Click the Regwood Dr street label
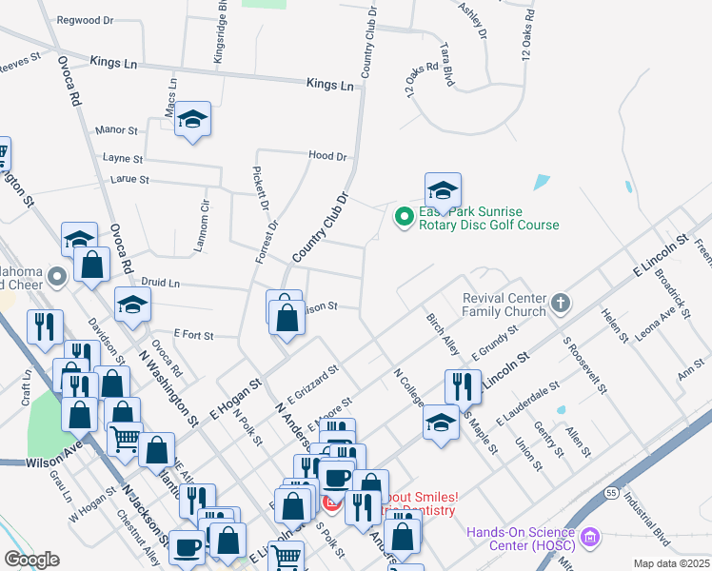click(x=85, y=19)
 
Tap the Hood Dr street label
click(x=326, y=155)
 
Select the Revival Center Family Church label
click(x=504, y=304)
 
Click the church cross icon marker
click(x=561, y=304)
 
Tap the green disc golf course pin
click(x=404, y=218)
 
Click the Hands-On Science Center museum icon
click(x=589, y=540)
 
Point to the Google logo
click(x=31, y=560)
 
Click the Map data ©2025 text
click(x=671, y=563)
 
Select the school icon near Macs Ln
click(x=193, y=119)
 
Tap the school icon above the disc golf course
click(x=442, y=190)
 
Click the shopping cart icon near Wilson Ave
click(x=125, y=439)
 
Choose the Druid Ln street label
click(x=161, y=284)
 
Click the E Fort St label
click(x=193, y=335)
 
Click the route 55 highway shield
click(x=610, y=492)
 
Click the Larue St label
click(x=130, y=179)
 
